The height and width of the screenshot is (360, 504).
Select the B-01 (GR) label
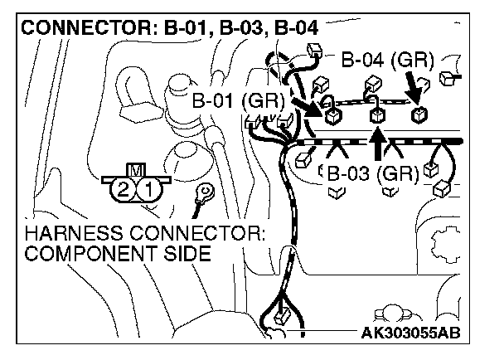[x=238, y=101]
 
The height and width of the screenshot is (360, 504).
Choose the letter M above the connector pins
[x=136, y=171]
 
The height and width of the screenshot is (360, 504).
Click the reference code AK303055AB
[x=410, y=333]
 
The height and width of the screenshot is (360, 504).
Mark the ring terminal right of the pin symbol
[x=201, y=195]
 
